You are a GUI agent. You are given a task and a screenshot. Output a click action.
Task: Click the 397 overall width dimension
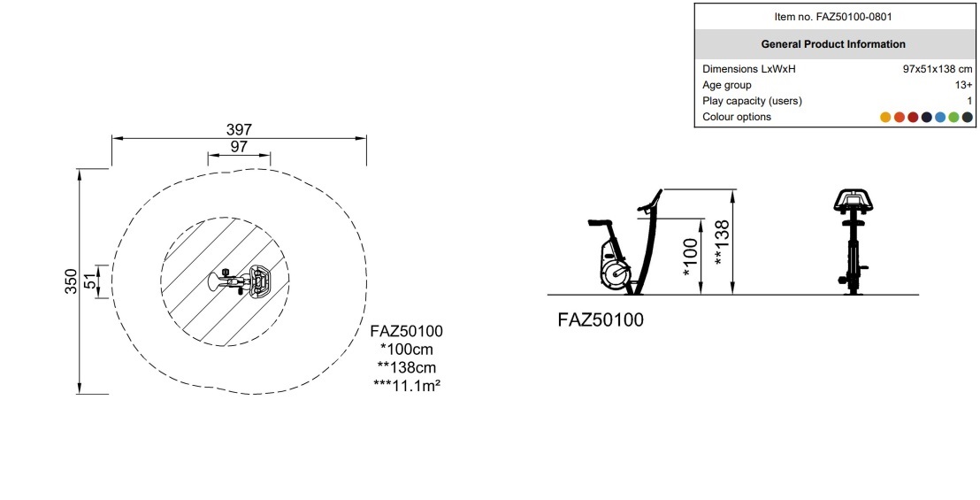click(239, 129)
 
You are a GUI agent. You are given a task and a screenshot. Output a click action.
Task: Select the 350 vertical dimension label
click(72, 281)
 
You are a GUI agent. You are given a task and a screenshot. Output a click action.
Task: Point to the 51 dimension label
click(91, 282)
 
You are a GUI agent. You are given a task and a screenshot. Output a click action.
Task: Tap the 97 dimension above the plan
click(239, 147)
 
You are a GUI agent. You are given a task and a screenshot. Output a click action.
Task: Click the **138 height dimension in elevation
click(722, 242)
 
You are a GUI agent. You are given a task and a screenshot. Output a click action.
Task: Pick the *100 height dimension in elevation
click(690, 258)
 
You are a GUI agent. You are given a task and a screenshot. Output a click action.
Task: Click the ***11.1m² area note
click(407, 384)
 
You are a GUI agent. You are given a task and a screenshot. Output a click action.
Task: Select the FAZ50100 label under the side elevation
click(601, 320)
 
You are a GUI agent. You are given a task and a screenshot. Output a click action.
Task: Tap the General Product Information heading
click(833, 44)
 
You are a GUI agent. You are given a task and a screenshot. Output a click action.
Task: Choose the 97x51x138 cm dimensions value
click(938, 69)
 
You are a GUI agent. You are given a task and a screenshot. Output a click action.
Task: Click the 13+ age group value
click(964, 85)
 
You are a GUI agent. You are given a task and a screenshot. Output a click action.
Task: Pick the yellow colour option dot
click(885, 117)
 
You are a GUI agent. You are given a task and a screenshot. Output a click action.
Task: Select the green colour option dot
click(953, 117)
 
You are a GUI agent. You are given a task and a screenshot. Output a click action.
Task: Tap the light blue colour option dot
click(940, 117)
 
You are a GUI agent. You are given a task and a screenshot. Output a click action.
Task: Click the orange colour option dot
click(900, 117)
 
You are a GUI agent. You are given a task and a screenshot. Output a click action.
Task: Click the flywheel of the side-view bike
click(616, 273)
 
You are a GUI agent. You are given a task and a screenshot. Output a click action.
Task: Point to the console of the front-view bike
click(854, 199)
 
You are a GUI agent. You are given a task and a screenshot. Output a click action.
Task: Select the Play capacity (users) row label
click(752, 101)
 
